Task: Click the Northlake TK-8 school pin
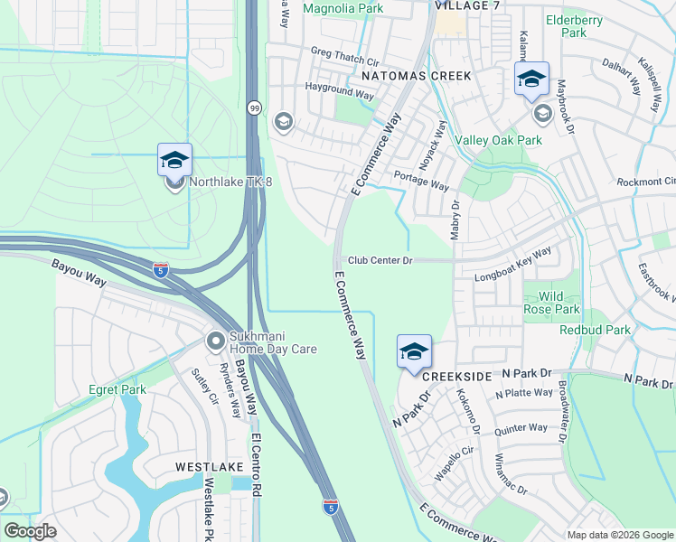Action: tap(174, 161)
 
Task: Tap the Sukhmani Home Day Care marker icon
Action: tap(215, 341)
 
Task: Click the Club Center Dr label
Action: tap(380, 260)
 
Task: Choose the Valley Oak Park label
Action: tap(498, 140)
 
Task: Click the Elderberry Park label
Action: tap(567, 25)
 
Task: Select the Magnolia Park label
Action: tap(343, 9)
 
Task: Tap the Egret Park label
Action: tap(117, 390)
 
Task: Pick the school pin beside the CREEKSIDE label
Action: tap(414, 351)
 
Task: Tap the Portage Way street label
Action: tap(422, 185)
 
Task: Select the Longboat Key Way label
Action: tap(513, 264)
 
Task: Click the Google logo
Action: tap(30, 531)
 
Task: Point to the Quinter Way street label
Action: tap(522, 427)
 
